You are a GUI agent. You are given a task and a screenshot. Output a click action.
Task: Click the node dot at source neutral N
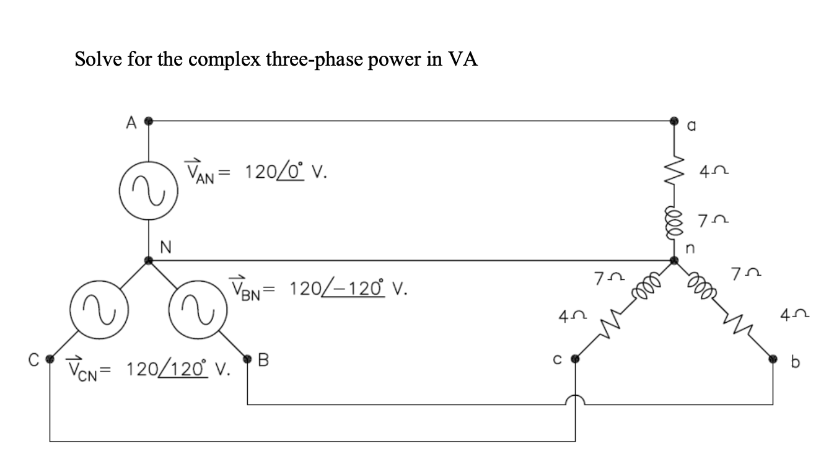coord(148,261)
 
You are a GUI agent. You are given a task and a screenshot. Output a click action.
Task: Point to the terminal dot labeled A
coord(148,121)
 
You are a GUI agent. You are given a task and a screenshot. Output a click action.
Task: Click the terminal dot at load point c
coord(576,358)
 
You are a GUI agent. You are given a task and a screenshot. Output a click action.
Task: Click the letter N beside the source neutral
coord(165,247)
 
